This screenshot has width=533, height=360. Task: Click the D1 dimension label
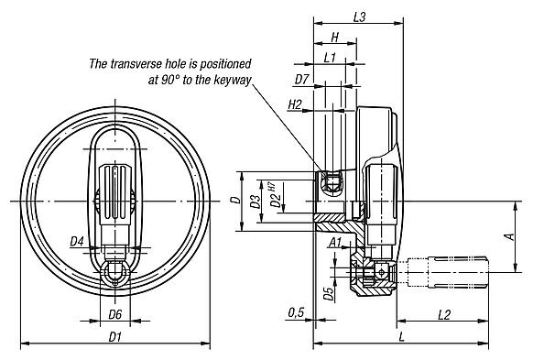(x=114, y=337)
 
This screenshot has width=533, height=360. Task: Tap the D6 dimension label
(x=114, y=314)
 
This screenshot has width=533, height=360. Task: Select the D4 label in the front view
(x=77, y=242)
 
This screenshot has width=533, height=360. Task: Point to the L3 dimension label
(x=359, y=17)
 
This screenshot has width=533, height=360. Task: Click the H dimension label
(x=335, y=37)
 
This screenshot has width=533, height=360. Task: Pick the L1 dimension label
(x=330, y=58)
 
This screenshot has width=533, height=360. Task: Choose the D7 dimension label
(x=301, y=80)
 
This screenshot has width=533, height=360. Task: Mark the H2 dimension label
(x=295, y=104)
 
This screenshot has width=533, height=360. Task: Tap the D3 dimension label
(x=256, y=202)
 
